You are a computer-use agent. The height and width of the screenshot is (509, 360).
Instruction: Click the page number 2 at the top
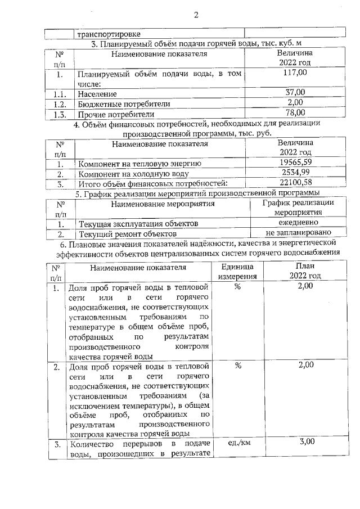pos(196,15)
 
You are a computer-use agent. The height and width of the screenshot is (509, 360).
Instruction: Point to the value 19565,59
pos(295,162)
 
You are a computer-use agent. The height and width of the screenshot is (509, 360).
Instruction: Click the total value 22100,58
pos(295,182)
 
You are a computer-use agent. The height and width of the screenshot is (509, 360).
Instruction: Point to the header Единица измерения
pos(237,271)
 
